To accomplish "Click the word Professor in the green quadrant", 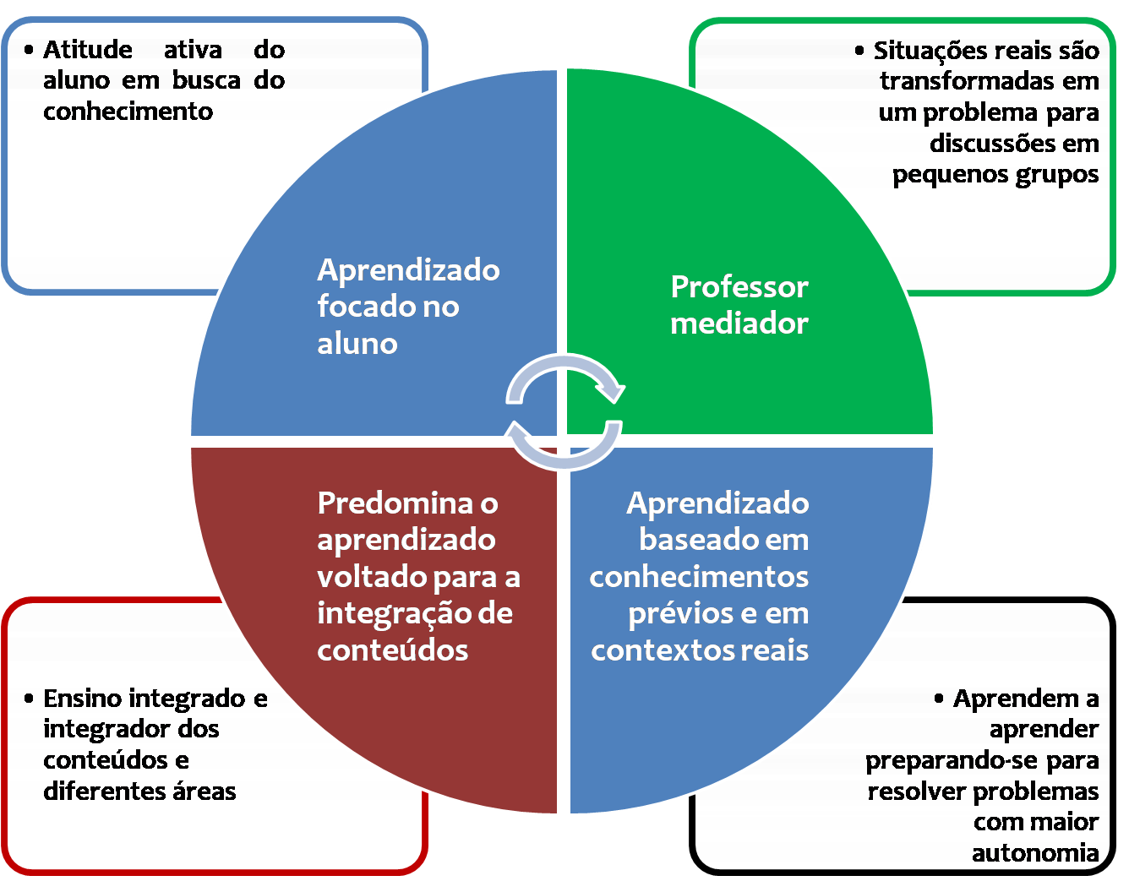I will (x=739, y=287).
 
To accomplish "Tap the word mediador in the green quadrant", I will (x=739, y=324).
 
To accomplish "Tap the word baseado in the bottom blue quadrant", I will (x=689, y=540).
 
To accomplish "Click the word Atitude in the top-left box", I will (x=88, y=50).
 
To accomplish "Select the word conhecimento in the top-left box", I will (x=128, y=111).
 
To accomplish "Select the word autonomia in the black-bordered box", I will (x=1034, y=853).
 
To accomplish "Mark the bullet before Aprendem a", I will (x=939, y=699).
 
